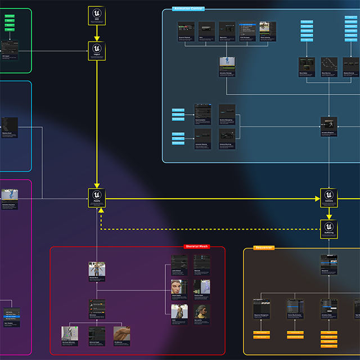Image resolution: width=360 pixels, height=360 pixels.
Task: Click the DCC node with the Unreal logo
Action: (97, 15)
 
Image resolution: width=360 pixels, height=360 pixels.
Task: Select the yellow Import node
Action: (97, 51)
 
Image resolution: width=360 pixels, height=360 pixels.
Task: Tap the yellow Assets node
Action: (97, 198)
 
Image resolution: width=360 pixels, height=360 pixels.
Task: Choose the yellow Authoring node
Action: (329, 228)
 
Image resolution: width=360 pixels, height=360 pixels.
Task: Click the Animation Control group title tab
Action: (188, 9)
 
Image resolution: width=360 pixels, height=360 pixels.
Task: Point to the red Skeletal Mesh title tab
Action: (196, 246)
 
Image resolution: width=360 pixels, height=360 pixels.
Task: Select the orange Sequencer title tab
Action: (264, 247)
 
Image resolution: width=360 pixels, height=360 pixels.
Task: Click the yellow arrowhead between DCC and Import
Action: (97, 38)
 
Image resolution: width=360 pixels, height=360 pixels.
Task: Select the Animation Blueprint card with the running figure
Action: (328, 127)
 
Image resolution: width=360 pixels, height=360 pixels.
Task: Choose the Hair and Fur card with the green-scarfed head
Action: (202, 313)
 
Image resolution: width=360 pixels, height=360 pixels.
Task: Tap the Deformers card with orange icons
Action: (97, 309)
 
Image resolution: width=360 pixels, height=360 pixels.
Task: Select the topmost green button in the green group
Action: (10, 17)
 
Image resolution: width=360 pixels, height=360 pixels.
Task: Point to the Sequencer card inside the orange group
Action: (328, 265)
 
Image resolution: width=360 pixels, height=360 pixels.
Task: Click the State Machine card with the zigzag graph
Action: (328, 66)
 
